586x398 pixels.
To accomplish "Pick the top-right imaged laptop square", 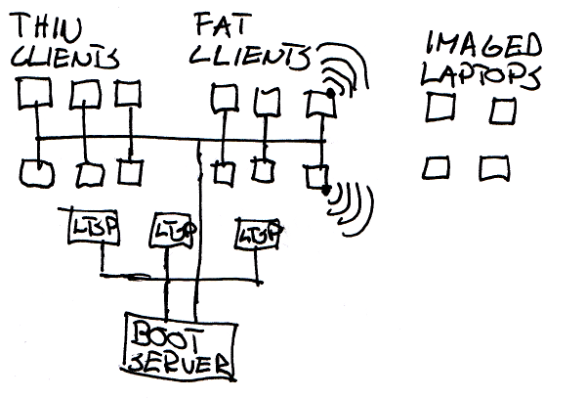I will click(x=501, y=111).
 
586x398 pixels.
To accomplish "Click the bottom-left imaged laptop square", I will click(x=437, y=168).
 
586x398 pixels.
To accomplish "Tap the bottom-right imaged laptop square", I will click(x=494, y=168).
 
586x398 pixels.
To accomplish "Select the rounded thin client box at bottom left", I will click(x=35, y=173).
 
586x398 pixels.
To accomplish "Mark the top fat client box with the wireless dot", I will click(x=318, y=101).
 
